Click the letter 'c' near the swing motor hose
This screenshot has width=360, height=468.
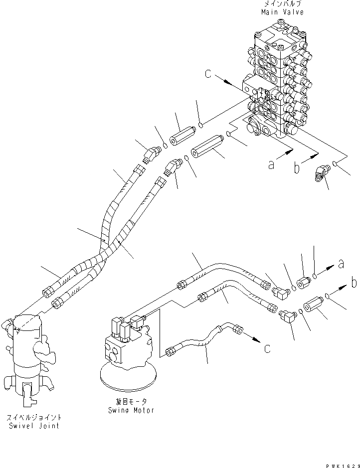click(268, 348)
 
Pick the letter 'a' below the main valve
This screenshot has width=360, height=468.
click(272, 164)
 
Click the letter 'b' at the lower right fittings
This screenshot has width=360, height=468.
click(354, 283)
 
